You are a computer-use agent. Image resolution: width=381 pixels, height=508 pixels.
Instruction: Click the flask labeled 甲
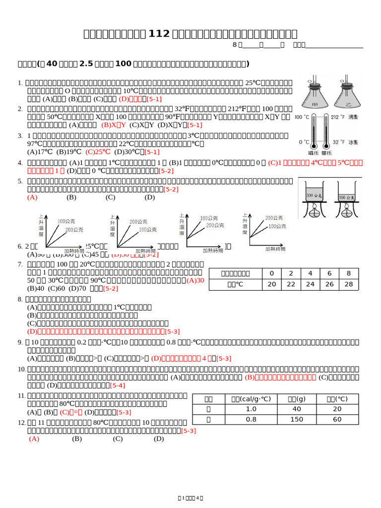click(x=315, y=95)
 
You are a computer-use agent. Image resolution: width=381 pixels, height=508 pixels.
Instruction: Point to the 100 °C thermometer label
click(x=302, y=117)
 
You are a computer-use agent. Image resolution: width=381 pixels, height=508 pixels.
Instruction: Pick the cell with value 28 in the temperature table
click(x=349, y=284)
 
